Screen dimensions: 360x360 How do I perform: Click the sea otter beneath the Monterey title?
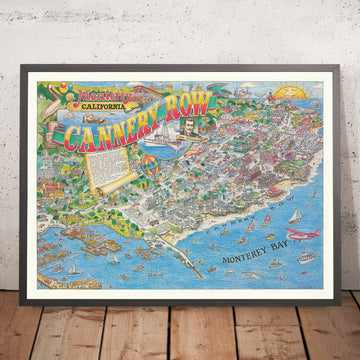pyautogui.click(x=59, y=125)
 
